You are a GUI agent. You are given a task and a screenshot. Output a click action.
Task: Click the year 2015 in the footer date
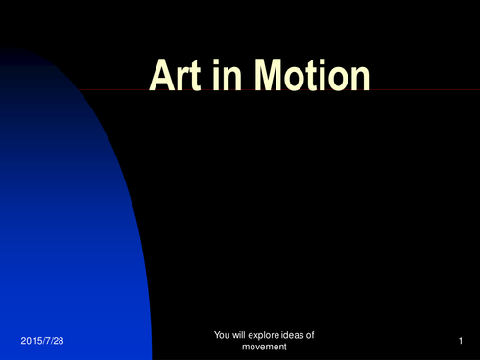[x=30, y=341]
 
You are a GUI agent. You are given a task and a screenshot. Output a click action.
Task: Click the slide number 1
[x=461, y=341]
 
